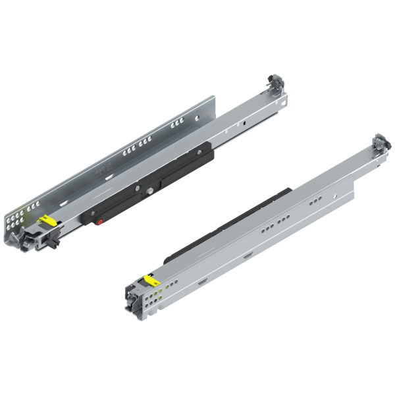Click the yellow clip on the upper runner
coord(47,220)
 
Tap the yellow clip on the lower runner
coord(152,280)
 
